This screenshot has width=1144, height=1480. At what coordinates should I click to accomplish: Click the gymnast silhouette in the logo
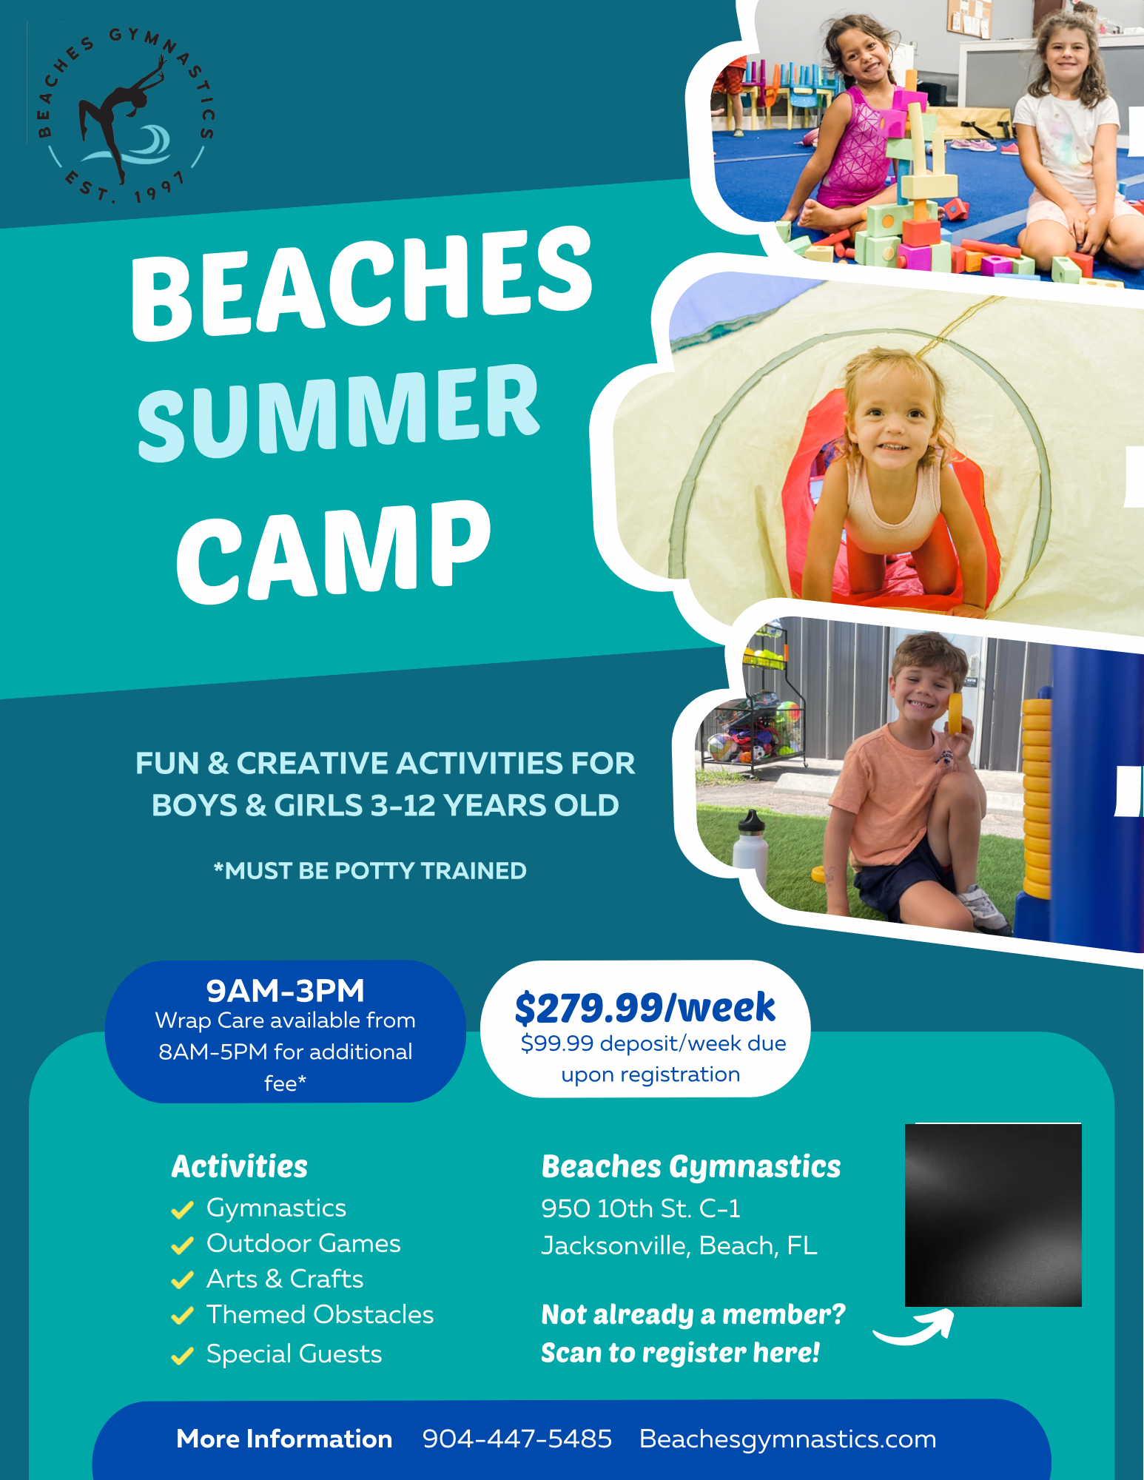118,115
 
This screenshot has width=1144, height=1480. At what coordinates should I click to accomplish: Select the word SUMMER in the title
338,413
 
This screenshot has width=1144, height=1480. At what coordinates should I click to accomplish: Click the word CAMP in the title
334,551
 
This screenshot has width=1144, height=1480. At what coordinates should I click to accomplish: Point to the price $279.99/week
645,1007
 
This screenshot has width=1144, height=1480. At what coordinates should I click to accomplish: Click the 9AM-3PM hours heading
286,990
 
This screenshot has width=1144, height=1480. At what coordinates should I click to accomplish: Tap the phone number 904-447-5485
517,1439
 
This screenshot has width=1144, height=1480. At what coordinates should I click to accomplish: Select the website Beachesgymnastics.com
788,1439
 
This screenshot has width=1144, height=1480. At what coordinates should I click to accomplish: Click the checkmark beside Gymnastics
182,1209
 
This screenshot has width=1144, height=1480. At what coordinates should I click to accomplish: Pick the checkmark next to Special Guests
182,1356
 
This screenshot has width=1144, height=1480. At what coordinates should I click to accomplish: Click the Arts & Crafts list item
285,1279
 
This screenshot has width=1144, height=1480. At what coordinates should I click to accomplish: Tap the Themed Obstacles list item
320,1314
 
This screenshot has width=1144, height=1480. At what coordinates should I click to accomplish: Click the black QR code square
993,1215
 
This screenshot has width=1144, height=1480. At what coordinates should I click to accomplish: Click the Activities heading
240,1166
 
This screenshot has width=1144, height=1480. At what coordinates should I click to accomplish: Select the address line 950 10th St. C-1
641,1208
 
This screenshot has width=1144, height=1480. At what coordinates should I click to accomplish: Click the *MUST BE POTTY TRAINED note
370,870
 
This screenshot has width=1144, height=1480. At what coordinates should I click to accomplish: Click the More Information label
284,1439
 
